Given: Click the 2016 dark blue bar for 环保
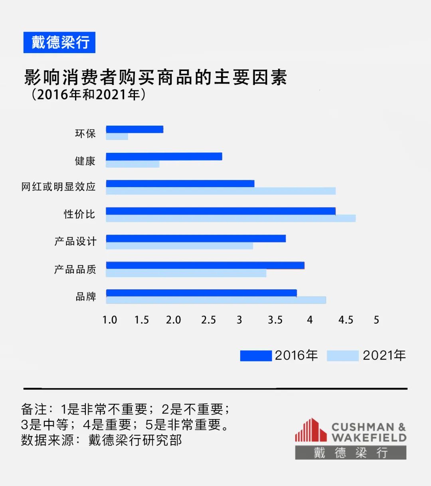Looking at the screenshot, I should click(x=134, y=129).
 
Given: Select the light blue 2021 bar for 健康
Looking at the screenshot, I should click(x=132, y=164).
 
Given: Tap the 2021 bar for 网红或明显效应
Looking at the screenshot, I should click(x=220, y=191).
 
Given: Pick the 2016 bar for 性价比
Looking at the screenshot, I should click(x=220, y=211).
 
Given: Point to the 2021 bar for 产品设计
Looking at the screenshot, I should click(x=179, y=246).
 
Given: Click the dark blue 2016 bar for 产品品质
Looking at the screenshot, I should click(x=205, y=265).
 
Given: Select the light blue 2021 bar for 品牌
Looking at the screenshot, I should click(x=215, y=300).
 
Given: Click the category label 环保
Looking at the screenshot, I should click(x=85, y=133).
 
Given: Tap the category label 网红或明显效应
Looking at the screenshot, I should click(x=59, y=186).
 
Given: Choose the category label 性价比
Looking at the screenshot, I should click(x=79, y=214).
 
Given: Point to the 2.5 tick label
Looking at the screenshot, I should click(x=208, y=320).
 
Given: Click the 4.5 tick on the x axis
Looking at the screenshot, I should click(x=346, y=320).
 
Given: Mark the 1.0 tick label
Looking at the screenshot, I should click(x=110, y=320).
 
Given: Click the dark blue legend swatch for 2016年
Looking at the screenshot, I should click(x=256, y=356).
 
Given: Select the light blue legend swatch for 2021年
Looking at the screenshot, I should click(x=342, y=356).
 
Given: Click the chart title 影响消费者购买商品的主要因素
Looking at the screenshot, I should click(x=156, y=77).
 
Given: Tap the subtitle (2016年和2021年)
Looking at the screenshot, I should click(x=88, y=95).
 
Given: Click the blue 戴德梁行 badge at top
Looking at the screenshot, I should click(x=59, y=42).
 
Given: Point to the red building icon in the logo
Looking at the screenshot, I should click(x=310, y=430).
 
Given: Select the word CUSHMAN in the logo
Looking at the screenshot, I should click(x=363, y=427).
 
